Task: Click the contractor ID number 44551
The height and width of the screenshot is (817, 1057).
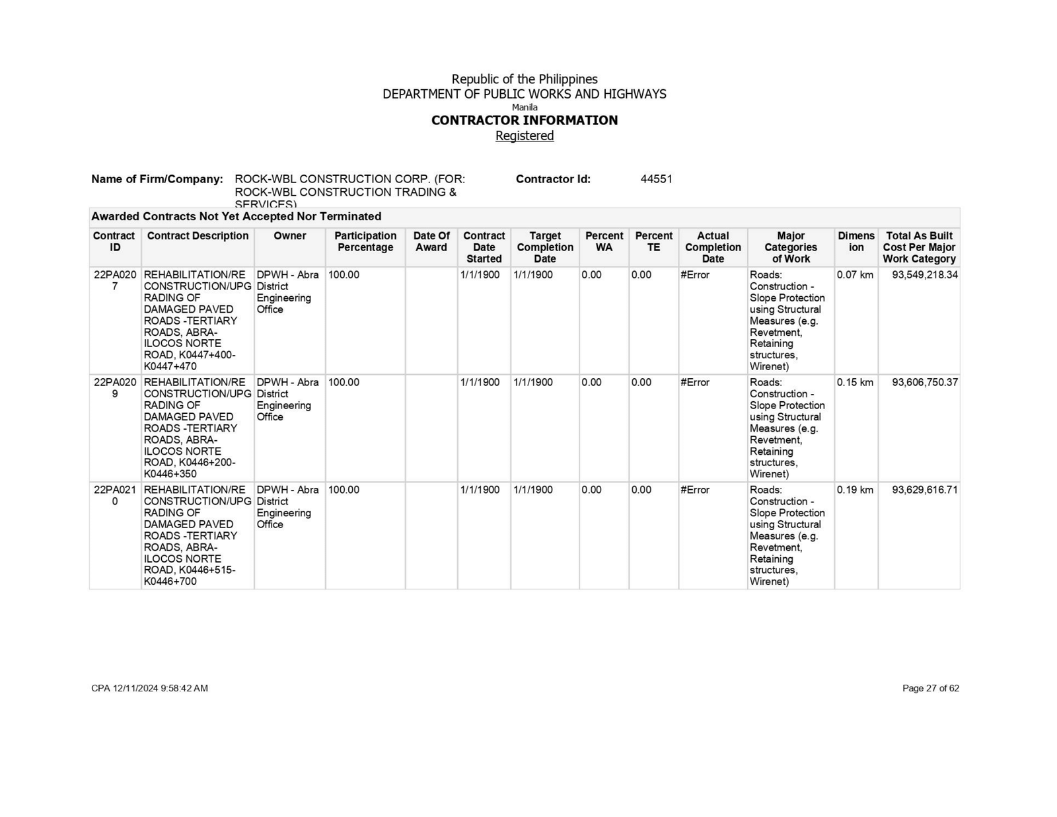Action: click(656, 179)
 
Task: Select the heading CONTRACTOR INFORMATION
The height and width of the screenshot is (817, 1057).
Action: click(525, 120)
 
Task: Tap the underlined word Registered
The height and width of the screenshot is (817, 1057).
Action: click(525, 136)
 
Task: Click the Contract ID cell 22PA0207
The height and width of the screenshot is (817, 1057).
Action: click(115, 280)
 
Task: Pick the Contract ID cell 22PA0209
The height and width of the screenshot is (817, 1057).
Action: click(115, 388)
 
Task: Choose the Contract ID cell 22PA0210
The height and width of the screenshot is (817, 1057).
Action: click(115, 496)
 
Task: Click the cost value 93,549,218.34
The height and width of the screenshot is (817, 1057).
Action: click(924, 275)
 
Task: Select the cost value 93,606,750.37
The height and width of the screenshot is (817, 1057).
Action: click(924, 383)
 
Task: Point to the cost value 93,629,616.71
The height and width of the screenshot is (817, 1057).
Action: click(924, 490)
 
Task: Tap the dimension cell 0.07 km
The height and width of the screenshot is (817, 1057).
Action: click(855, 275)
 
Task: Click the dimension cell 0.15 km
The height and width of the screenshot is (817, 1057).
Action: click(855, 383)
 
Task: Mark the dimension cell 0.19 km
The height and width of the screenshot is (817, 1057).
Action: click(855, 490)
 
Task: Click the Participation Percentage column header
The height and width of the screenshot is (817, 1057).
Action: click(365, 241)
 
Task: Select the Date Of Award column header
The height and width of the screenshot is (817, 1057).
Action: click(431, 241)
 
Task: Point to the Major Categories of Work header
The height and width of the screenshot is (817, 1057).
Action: click(791, 247)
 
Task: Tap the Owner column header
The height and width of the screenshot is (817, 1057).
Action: click(290, 236)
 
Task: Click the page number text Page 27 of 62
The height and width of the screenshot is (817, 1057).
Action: click(930, 688)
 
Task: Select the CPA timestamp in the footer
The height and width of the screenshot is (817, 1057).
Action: click(149, 688)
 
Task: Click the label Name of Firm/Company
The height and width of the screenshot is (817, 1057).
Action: click(157, 179)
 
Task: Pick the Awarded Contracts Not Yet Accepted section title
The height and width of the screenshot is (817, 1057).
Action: click(236, 217)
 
